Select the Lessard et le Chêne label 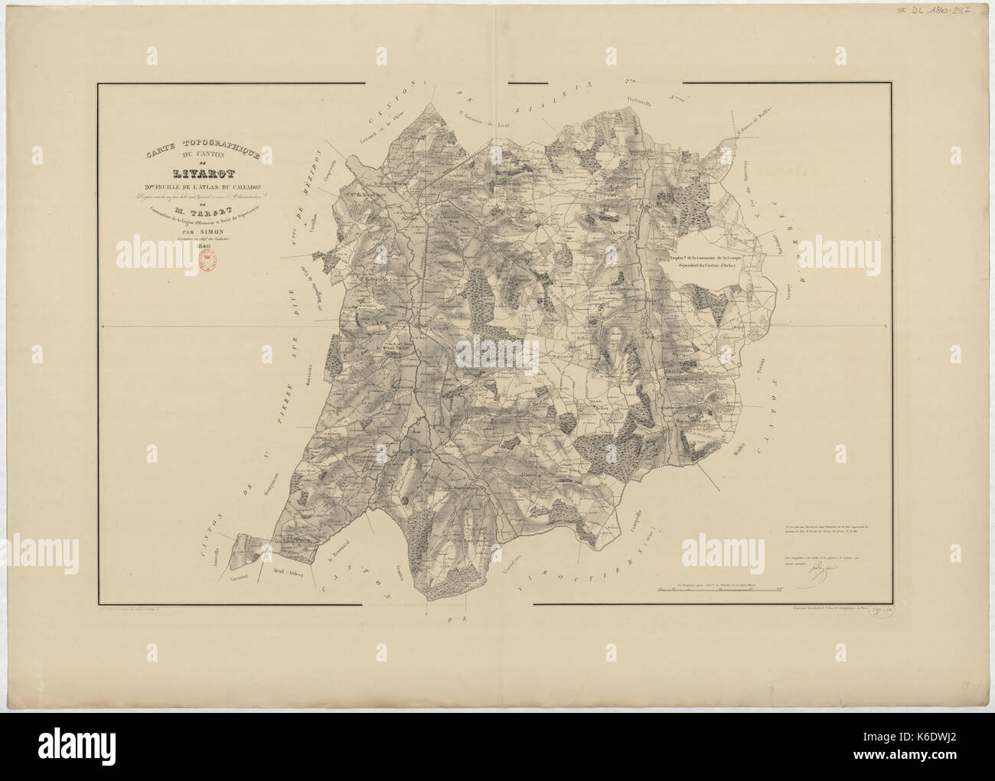pos(385,125)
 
